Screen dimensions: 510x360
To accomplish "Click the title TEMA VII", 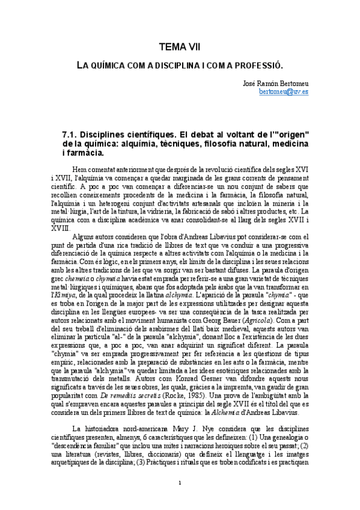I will (x=180, y=46).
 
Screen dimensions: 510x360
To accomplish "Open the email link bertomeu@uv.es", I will (x=284, y=92).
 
